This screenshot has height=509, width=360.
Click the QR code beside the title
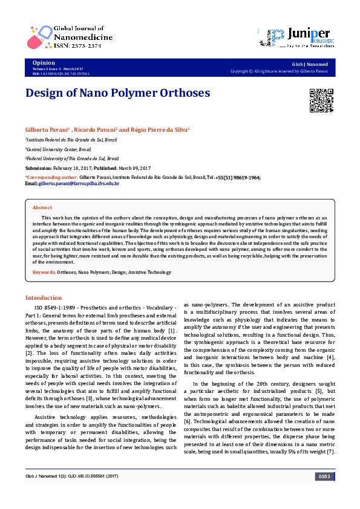pos(321,100)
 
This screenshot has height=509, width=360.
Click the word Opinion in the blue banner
pos(43,63)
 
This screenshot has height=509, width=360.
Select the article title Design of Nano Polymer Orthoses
pos(117,93)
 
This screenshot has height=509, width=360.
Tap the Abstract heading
pos(42,207)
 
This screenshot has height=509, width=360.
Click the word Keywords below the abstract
pos(44,273)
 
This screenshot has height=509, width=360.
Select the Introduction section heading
pos(43,297)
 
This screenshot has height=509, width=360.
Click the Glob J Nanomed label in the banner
pos(309,63)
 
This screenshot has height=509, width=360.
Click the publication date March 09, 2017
pos(131,167)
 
